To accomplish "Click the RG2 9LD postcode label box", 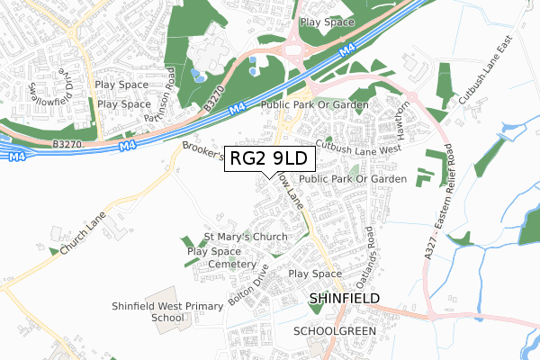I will pos(269,158).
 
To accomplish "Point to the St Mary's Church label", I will pos(245,238).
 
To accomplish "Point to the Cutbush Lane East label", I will pos(483,85).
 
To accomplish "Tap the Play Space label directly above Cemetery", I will pos(214,251).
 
